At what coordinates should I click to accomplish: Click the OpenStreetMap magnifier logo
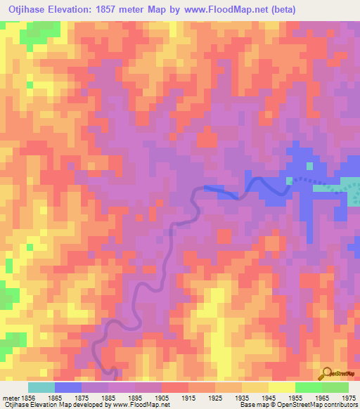point(326,373)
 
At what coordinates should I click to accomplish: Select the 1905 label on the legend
point(162,398)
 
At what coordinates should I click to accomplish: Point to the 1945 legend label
point(268,398)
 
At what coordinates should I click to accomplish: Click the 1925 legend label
point(214,398)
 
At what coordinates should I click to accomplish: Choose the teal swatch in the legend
point(41,387)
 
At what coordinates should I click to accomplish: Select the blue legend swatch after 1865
point(68,387)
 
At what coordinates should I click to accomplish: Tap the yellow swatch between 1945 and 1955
point(281,387)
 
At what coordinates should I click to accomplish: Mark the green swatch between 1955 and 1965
point(308,387)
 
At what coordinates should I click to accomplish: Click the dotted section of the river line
point(316,182)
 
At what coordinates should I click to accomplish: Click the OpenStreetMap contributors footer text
point(324,405)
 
